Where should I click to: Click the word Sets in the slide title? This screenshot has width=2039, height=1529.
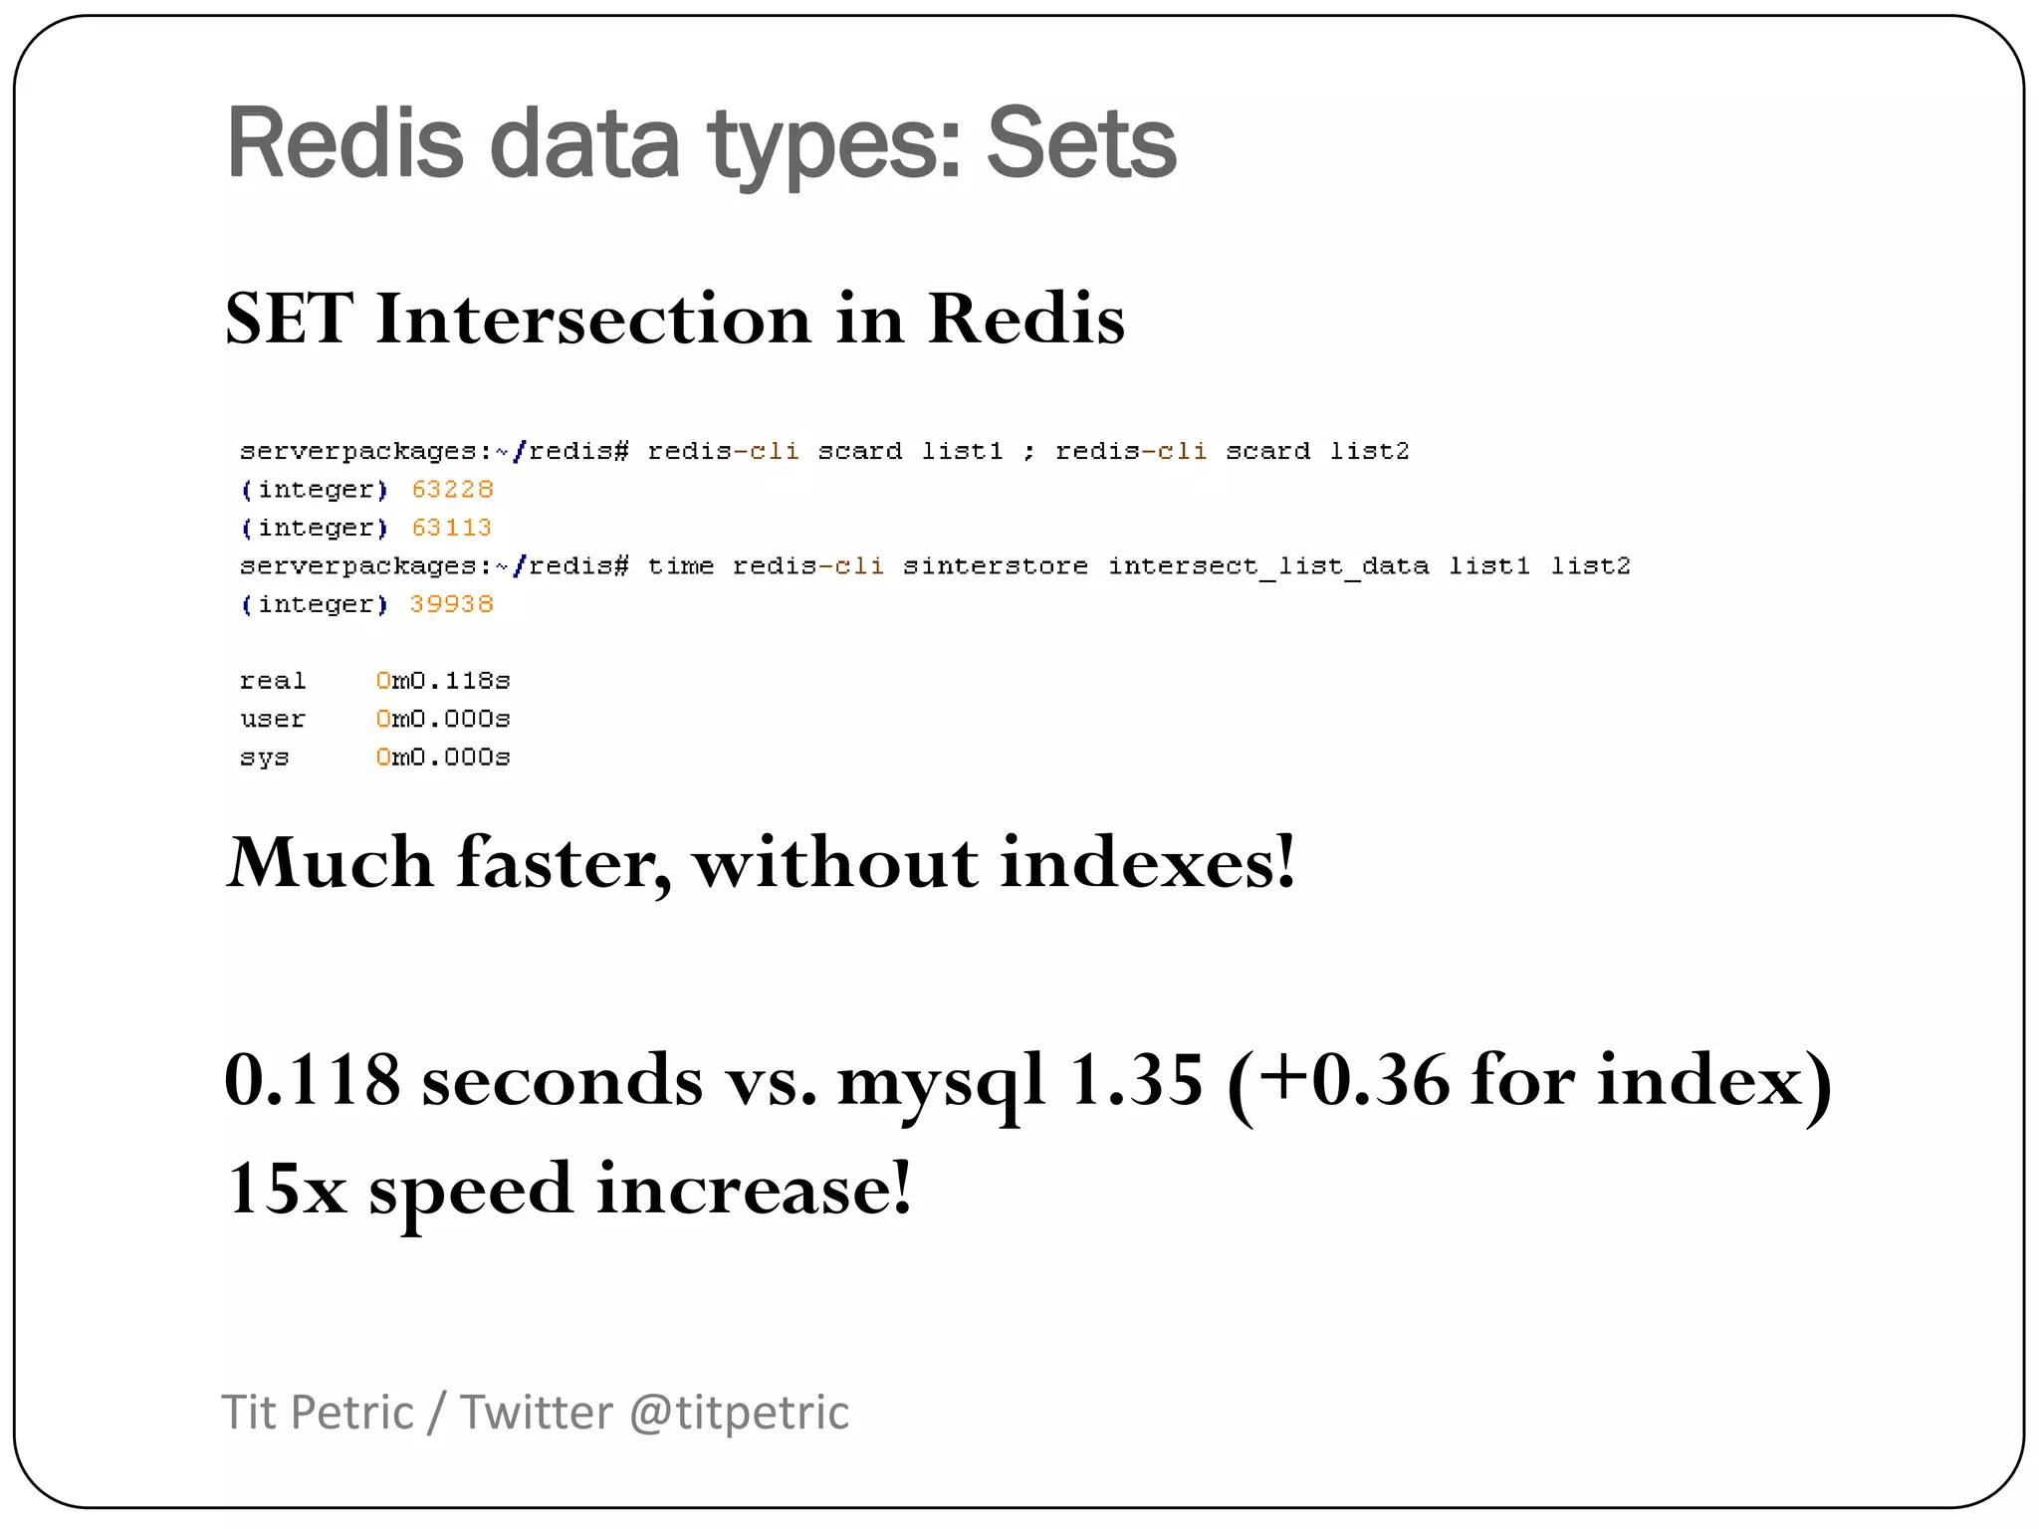[x=1081, y=144]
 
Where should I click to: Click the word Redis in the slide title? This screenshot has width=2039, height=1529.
[x=344, y=144]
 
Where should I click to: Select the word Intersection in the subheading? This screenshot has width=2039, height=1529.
[x=593, y=320]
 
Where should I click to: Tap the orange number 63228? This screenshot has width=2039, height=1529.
[x=452, y=490]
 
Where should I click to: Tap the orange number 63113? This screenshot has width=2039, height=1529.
[x=451, y=528]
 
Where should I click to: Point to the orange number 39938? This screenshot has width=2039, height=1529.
[x=451, y=604]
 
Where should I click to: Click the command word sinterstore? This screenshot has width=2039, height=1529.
[x=995, y=566]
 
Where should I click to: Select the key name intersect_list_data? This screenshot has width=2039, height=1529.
[x=1268, y=566]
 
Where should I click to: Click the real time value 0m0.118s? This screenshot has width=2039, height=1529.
[x=443, y=681]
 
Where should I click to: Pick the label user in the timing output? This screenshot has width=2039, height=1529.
[x=272, y=719]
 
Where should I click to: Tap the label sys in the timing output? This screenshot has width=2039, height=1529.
[x=264, y=758]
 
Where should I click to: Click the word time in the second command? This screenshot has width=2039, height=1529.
[x=680, y=566]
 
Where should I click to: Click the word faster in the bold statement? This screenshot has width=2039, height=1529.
[x=564, y=862]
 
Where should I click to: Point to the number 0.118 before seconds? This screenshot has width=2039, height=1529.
[x=312, y=1080]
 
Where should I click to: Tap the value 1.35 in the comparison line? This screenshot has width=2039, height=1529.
[x=1135, y=1080]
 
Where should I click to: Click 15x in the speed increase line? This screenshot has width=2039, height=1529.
[x=286, y=1189]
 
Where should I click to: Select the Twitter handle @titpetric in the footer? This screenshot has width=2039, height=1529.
[x=739, y=1413]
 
